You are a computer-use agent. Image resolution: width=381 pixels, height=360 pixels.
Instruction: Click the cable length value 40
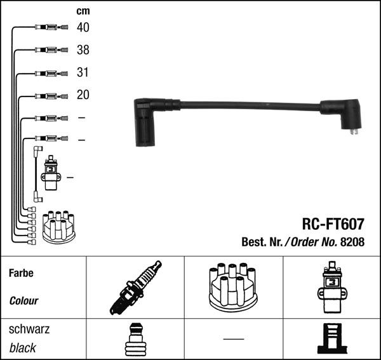coord(83,27)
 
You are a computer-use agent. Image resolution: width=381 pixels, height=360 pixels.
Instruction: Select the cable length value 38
coord(83,50)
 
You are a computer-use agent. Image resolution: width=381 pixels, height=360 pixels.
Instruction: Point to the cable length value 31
coord(83,72)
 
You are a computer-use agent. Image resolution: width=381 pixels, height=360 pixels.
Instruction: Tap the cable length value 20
coord(83,95)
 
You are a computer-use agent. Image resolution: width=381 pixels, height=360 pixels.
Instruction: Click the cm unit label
coord(83,11)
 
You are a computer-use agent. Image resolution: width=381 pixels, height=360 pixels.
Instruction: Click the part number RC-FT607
coord(333,224)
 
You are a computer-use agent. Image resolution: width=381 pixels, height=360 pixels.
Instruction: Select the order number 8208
coord(352,242)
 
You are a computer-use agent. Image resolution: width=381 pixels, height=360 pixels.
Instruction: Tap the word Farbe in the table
coord(21,273)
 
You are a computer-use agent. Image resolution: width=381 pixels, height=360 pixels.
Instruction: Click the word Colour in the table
coord(23,301)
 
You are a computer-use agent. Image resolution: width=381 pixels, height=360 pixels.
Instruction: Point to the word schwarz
coord(29,329)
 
